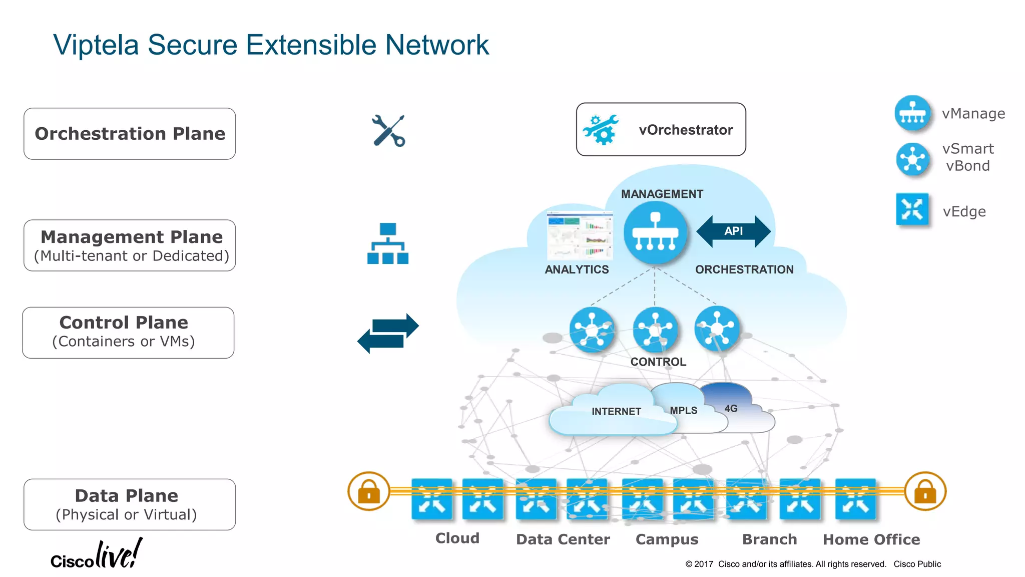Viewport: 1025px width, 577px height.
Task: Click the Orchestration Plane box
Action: [130, 134]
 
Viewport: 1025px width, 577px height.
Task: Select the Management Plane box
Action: [130, 245]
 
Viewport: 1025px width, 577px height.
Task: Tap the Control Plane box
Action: [128, 333]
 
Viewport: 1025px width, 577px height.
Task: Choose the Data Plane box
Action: [130, 504]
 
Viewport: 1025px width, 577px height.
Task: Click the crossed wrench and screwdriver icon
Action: [389, 131]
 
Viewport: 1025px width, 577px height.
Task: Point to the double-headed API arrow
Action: [733, 231]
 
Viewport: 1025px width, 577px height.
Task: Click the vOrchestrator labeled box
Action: [661, 130]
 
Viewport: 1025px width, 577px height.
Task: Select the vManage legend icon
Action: [912, 113]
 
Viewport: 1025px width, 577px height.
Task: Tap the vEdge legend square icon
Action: [912, 209]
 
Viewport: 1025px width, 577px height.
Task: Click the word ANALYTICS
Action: [577, 269]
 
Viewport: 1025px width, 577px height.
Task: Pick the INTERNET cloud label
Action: [616, 411]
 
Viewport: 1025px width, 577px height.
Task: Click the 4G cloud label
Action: [731, 408]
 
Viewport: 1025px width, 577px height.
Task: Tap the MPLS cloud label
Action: [683, 410]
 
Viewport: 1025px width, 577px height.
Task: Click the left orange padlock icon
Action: [369, 491]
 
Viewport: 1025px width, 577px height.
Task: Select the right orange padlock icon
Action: [925, 491]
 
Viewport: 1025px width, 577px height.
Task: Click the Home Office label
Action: [871, 539]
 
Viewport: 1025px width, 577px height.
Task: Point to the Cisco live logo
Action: [96, 555]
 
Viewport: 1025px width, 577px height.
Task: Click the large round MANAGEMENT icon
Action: [655, 232]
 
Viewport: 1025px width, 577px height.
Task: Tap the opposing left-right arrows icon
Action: [388, 334]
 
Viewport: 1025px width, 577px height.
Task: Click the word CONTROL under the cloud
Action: [658, 362]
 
